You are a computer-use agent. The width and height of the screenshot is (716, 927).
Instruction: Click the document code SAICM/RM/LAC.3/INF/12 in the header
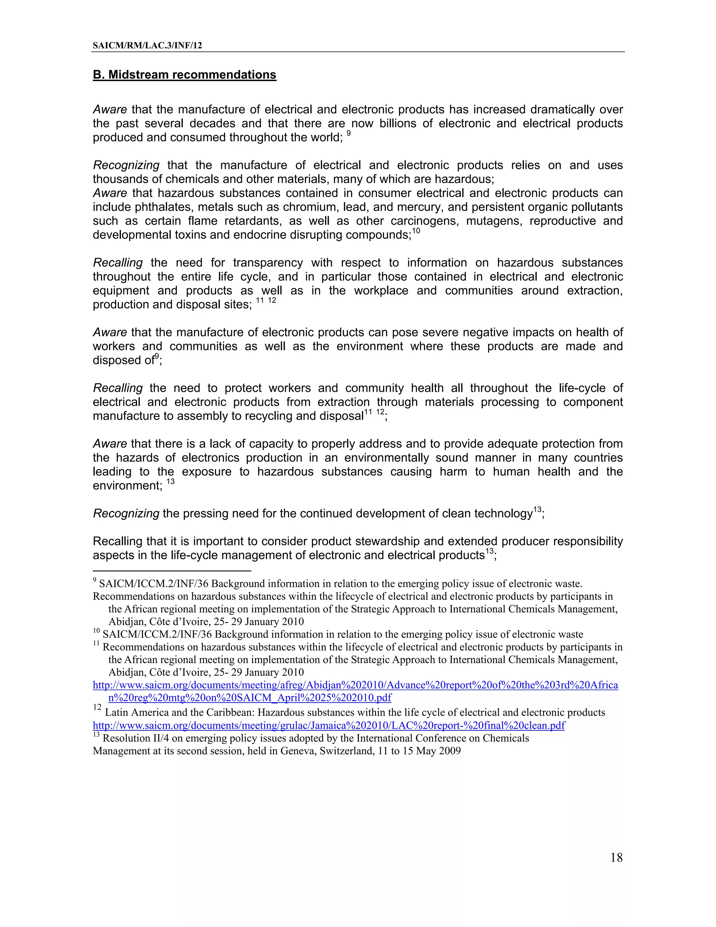coord(147,45)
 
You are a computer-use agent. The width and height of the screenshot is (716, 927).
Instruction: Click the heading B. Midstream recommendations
coord(185,75)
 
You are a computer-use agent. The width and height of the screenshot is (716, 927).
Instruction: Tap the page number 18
coord(616,857)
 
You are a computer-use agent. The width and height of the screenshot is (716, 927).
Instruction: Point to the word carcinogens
coord(424,221)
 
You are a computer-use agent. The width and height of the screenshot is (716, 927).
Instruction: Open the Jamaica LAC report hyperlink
coord(329,726)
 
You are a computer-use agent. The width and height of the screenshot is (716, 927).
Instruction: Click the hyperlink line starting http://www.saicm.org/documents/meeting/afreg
coord(355,685)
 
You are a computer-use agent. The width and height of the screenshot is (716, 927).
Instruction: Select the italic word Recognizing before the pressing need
coord(126,514)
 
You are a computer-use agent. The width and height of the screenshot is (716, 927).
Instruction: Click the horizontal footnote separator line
coord(172,571)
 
